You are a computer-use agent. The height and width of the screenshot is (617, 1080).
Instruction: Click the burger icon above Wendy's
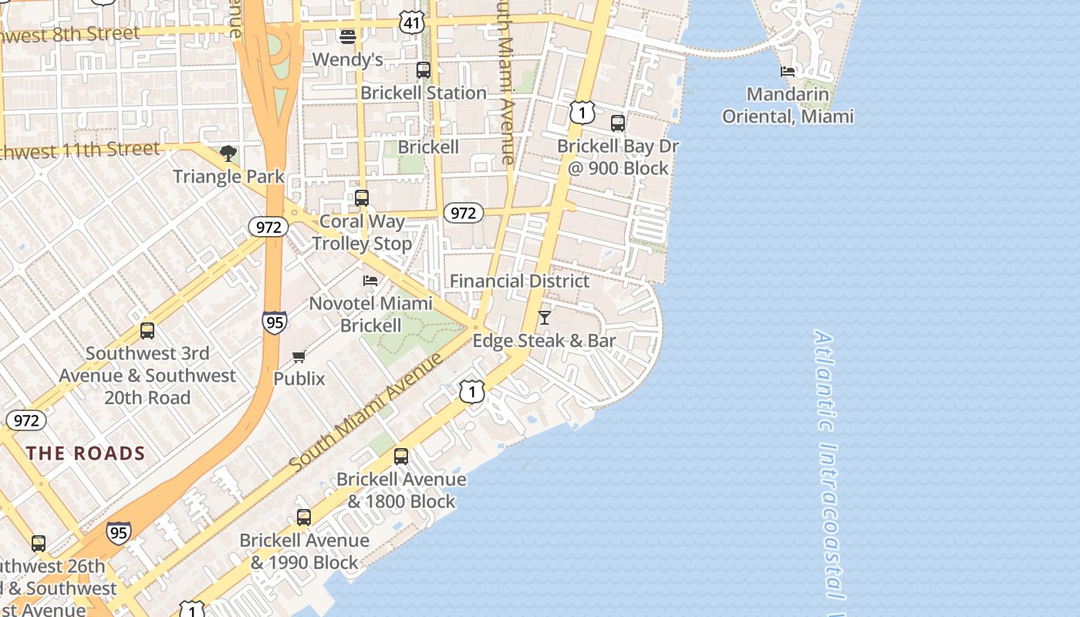tap(347, 36)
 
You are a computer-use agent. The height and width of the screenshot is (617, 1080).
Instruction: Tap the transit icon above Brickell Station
tap(423, 70)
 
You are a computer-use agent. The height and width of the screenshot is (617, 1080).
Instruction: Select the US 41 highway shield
tap(412, 22)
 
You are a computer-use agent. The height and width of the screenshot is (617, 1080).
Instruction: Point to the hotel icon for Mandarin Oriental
tap(788, 72)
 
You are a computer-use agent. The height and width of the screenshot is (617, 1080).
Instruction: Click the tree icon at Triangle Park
tap(228, 153)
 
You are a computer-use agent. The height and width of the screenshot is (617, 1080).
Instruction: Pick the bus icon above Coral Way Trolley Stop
tap(362, 198)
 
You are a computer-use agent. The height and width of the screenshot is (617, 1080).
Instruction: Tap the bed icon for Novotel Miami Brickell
tap(370, 281)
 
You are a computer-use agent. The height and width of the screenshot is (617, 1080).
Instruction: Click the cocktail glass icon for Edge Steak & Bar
tap(545, 317)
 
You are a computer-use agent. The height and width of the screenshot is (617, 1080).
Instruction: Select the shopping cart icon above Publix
tap(299, 356)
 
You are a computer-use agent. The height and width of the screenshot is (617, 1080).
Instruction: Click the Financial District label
tap(519, 281)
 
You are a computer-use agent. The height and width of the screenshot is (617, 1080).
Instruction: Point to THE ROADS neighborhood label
tap(86, 453)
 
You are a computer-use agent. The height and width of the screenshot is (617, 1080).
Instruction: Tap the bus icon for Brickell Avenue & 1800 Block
tap(401, 456)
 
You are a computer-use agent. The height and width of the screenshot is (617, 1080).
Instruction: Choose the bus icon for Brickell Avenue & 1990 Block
tap(304, 518)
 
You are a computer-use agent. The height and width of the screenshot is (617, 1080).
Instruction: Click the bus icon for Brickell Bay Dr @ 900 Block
tap(617, 123)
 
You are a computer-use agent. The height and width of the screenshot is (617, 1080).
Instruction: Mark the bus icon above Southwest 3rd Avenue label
tap(147, 331)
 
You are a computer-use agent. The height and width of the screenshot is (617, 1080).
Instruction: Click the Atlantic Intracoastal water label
tap(830, 463)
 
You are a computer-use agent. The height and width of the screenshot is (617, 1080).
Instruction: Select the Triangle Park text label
tap(228, 177)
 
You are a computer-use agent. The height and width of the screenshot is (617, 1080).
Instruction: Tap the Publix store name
tap(299, 379)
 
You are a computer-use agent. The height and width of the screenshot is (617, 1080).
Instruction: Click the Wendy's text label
tap(347, 59)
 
